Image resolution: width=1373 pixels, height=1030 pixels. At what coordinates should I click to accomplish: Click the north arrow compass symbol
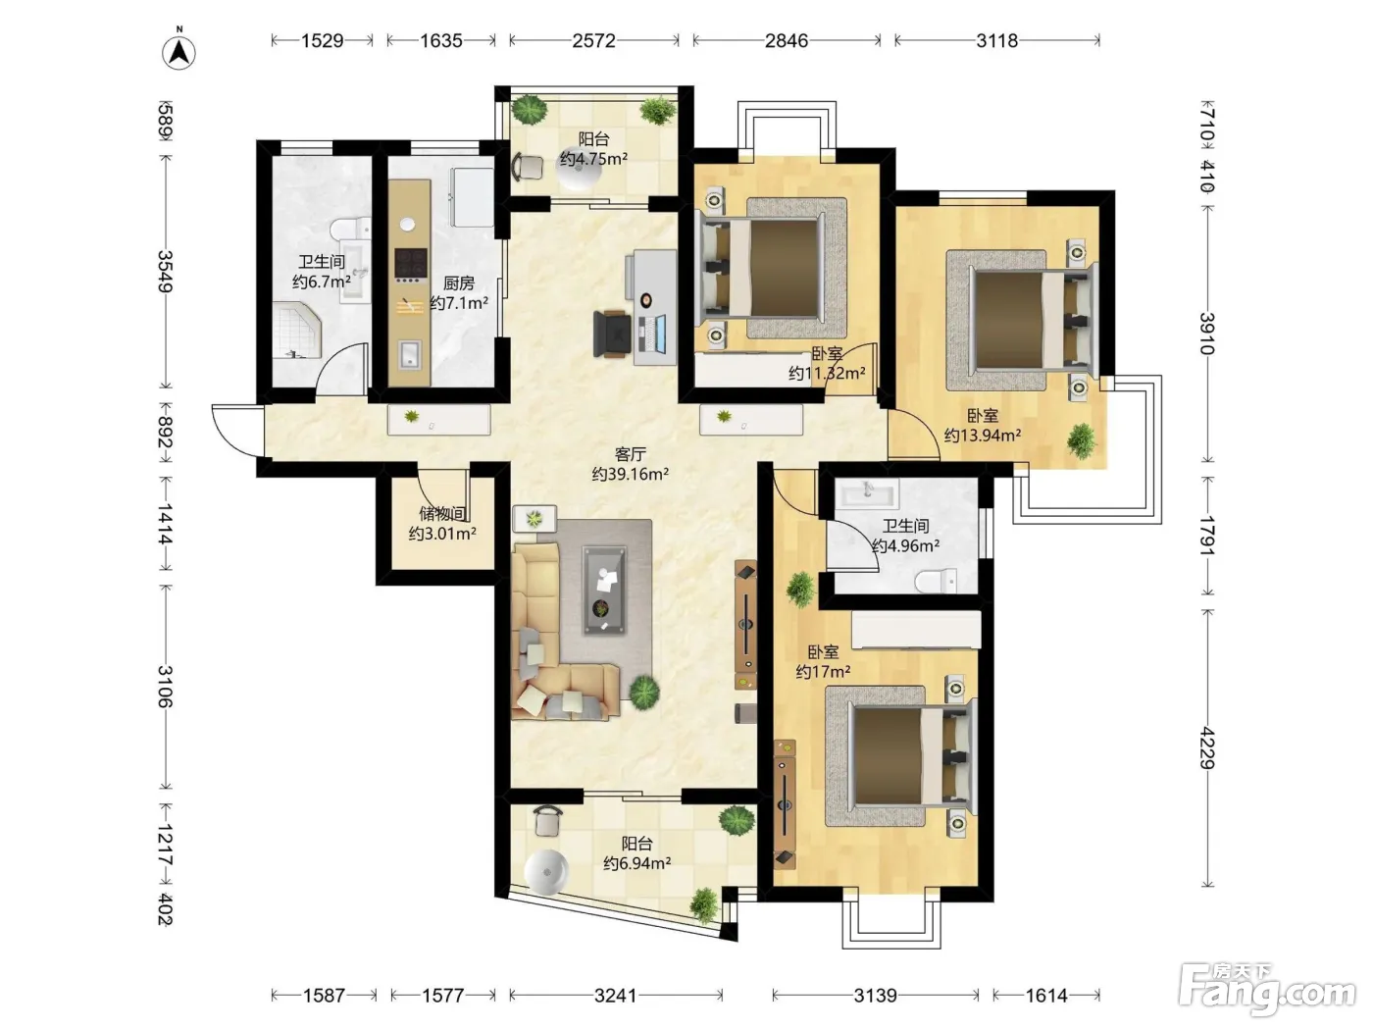pos(178,50)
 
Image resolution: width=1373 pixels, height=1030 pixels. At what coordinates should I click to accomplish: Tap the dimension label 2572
pos(593,40)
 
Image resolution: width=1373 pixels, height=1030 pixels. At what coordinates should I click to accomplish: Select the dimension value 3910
pos(1207,334)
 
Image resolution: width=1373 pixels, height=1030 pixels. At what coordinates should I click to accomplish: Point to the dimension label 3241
pos(616,995)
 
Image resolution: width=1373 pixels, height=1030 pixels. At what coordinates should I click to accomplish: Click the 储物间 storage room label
pos(442,513)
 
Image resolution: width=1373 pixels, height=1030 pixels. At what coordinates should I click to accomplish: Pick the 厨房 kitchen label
pos(459,283)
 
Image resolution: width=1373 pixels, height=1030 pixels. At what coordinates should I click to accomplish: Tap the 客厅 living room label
pos(630,454)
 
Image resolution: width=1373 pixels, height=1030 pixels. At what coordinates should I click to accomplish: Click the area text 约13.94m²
pos(983,435)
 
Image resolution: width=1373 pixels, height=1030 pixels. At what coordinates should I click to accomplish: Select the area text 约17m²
pos(823,672)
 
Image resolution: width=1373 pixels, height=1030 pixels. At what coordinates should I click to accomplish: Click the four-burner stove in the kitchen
pos(411,264)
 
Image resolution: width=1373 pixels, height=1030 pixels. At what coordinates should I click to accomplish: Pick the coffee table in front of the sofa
pos(603,591)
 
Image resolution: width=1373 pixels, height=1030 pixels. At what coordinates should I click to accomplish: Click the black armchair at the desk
pos(612,335)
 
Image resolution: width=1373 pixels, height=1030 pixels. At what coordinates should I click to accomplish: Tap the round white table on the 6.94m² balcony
pos(546,870)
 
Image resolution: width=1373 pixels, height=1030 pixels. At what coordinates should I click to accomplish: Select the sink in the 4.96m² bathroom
pos(868,493)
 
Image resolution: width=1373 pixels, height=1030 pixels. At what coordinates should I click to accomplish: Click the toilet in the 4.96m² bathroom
pos(936,581)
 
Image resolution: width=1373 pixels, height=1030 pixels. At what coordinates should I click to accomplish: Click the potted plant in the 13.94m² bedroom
pos(1082,440)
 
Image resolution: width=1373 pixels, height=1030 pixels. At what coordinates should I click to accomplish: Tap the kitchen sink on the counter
pos(410,354)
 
